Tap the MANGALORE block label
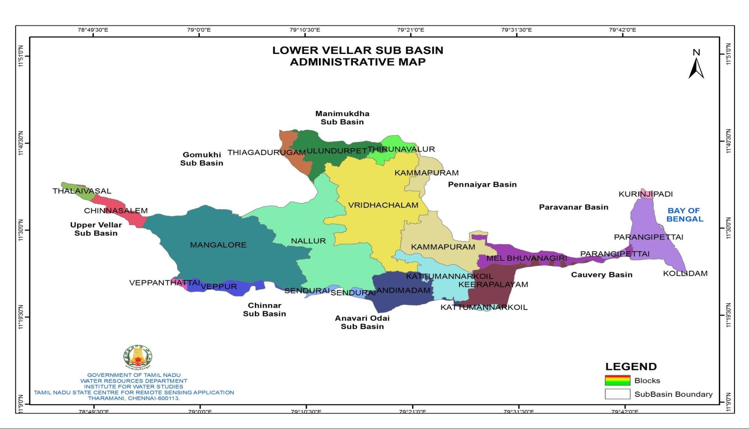pyautogui.click(x=218, y=245)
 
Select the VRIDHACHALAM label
pyautogui.click(x=383, y=205)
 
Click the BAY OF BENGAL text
pyautogui.click(x=684, y=215)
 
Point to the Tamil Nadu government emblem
pyautogui.click(x=138, y=357)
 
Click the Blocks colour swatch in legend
pyautogui.click(x=617, y=380)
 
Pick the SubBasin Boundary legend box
pyautogui.click(x=617, y=394)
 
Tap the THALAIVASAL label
pyautogui.click(x=82, y=191)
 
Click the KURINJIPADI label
pyautogui.click(x=645, y=194)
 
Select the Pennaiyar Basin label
pyautogui.click(x=482, y=184)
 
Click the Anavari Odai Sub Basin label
pyautogui.click(x=362, y=322)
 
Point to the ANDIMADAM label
pyautogui.click(x=403, y=290)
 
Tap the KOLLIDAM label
pyautogui.click(x=685, y=274)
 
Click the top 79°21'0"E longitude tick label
pyautogui.click(x=410, y=30)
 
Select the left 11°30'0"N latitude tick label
pyautogui.click(x=21, y=230)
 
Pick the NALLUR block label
pyautogui.click(x=308, y=241)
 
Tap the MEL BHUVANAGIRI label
pyautogui.click(x=526, y=258)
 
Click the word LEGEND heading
pyautogui.click(x=631, y=366)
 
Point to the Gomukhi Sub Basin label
pyautogui.click(x=202, y=159)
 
